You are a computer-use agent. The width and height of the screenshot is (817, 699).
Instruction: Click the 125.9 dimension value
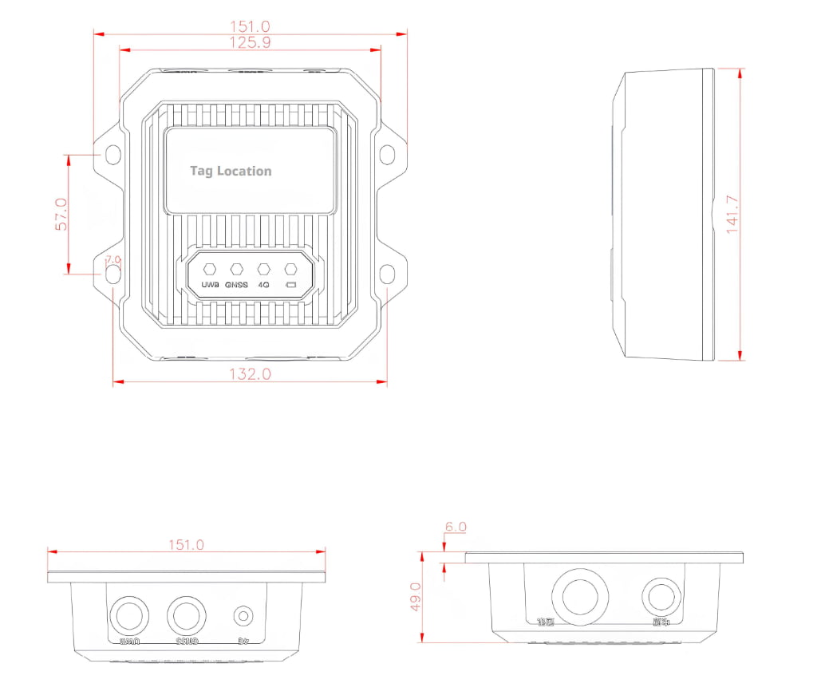[x=250, y=43]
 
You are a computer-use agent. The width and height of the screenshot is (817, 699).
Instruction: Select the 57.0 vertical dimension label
[x=61, y=214]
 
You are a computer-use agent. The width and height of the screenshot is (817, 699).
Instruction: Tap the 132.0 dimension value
[x=250, y=373]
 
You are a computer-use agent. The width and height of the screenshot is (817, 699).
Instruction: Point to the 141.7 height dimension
[x=732, y=214]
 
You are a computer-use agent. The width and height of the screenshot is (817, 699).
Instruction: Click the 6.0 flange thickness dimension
[x=456, y=527]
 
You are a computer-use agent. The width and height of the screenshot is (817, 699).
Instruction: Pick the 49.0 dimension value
[x=415, y=597]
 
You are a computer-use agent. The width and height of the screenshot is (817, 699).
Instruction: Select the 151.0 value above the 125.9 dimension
[x=250, y=26]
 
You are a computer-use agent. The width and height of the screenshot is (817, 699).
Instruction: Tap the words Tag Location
[x=231, y=171]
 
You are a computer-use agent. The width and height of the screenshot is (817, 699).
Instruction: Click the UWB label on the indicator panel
[x=211, y=285]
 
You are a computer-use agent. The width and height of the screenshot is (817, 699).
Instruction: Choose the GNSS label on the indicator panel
[x=236, y=285]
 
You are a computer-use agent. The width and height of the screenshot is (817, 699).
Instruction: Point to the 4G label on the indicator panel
[x=264, y=285]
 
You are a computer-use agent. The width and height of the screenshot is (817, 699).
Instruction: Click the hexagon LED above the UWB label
[x=211, y=269]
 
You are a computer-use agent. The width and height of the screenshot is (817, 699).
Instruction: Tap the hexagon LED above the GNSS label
[x=237, y=269]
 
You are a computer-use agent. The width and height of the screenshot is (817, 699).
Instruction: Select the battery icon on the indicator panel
[x=291, y=285]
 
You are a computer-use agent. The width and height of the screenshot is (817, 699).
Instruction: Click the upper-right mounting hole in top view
[x=387, y=153]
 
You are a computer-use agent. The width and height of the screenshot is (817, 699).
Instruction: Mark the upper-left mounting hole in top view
[x=114, y=153]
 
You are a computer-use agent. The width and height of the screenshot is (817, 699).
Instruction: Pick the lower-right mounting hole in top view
[x=387, y=274]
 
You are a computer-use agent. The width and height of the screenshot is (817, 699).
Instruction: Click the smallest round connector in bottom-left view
[x=243, y=616]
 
